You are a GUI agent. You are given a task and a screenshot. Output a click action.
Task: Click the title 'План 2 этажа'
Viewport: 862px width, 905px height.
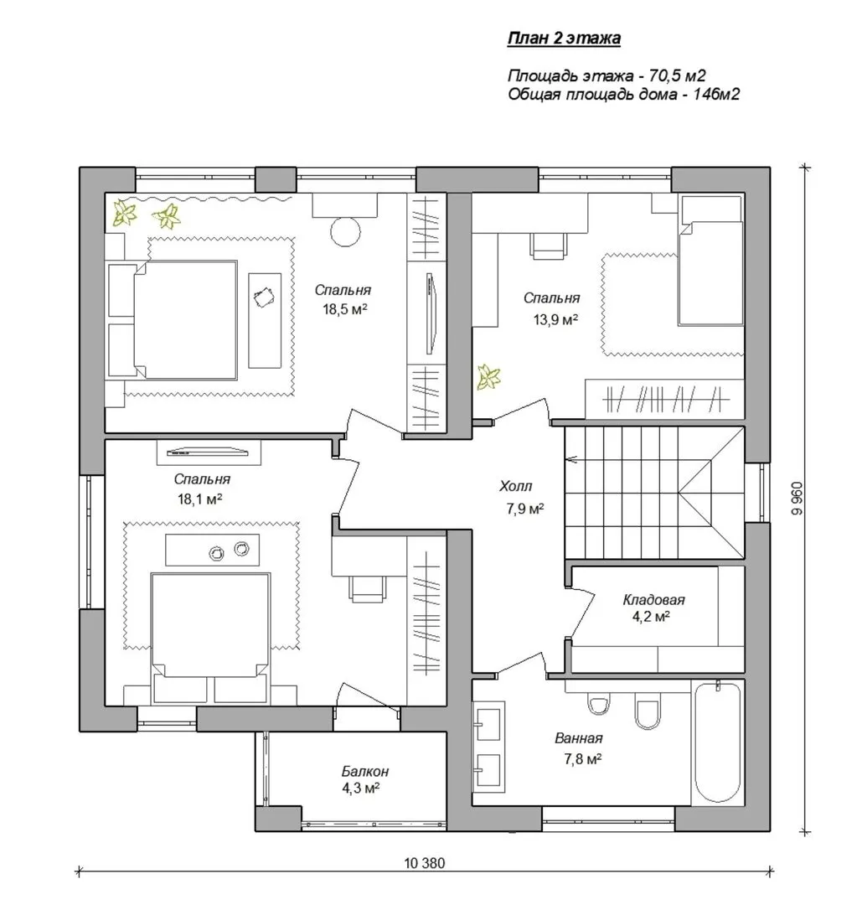click(x=564, y=38)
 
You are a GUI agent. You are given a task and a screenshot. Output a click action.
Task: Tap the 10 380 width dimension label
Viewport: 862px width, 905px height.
click(x=425, y=863)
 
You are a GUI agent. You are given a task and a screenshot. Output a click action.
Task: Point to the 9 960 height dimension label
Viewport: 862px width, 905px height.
click(x=796, y=499)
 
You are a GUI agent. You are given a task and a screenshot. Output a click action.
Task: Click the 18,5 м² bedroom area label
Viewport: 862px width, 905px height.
click(x=344, y=309)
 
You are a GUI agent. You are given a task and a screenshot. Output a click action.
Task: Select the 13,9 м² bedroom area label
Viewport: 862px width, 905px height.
click(x=555, y=319)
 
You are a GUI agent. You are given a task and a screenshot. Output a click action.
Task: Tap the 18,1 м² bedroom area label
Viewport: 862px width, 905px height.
click(x=199, y=499)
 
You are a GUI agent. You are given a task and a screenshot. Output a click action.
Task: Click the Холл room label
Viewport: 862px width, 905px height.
click(x=516, y=487)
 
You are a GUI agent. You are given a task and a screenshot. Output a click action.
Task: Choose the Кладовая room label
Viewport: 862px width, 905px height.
click(x=653, y=600)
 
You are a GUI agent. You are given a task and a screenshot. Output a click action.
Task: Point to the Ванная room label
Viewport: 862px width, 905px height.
click(x=579, y=738)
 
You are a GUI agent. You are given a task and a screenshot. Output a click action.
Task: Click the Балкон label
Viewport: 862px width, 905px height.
click(x=364, y=771)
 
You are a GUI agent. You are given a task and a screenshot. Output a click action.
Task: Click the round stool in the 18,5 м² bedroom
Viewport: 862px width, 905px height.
click(x=346, y=231)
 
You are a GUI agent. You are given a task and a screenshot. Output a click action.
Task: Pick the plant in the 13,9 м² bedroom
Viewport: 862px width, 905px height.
click(x=488, y=377)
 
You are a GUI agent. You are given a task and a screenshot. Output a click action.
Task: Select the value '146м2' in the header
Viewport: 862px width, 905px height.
click(x=715, y=94)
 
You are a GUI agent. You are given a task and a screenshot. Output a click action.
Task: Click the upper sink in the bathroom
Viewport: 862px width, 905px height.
click(x=488, y=721)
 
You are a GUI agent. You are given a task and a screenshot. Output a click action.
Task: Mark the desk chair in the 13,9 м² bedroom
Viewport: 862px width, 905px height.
click(x=547, y=246)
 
